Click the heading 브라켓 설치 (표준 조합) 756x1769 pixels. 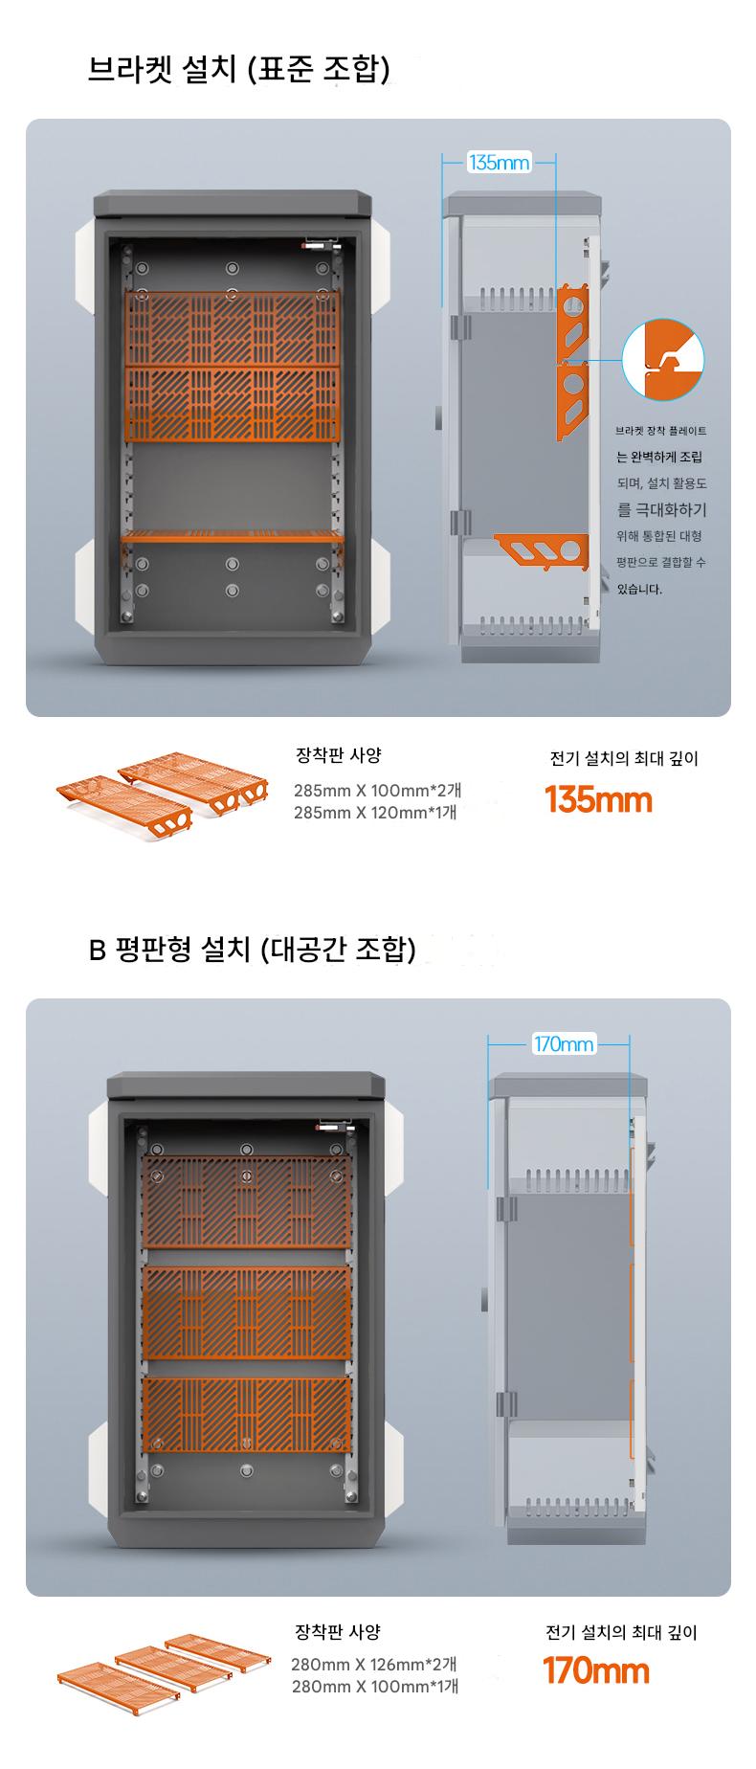(x=239, y=70)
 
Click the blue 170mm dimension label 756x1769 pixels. (x=564, y=1043)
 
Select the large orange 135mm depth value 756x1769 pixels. (x=598, y=799)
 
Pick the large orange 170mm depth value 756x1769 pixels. (x=596, y=1670)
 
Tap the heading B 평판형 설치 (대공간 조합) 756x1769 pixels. (x=253, y=950)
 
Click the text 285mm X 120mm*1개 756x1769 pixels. (x=375, y=813)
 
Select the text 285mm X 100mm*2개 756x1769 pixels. (x=377, y=791)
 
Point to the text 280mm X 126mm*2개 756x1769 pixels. (x=374, y=1664)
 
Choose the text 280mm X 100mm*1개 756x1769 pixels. (x=375, y=1687)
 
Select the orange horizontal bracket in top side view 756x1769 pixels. (x=542, y=549)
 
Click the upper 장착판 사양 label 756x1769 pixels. (x=339, y=755)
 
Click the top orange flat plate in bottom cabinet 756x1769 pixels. (x=247, y=1201)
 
